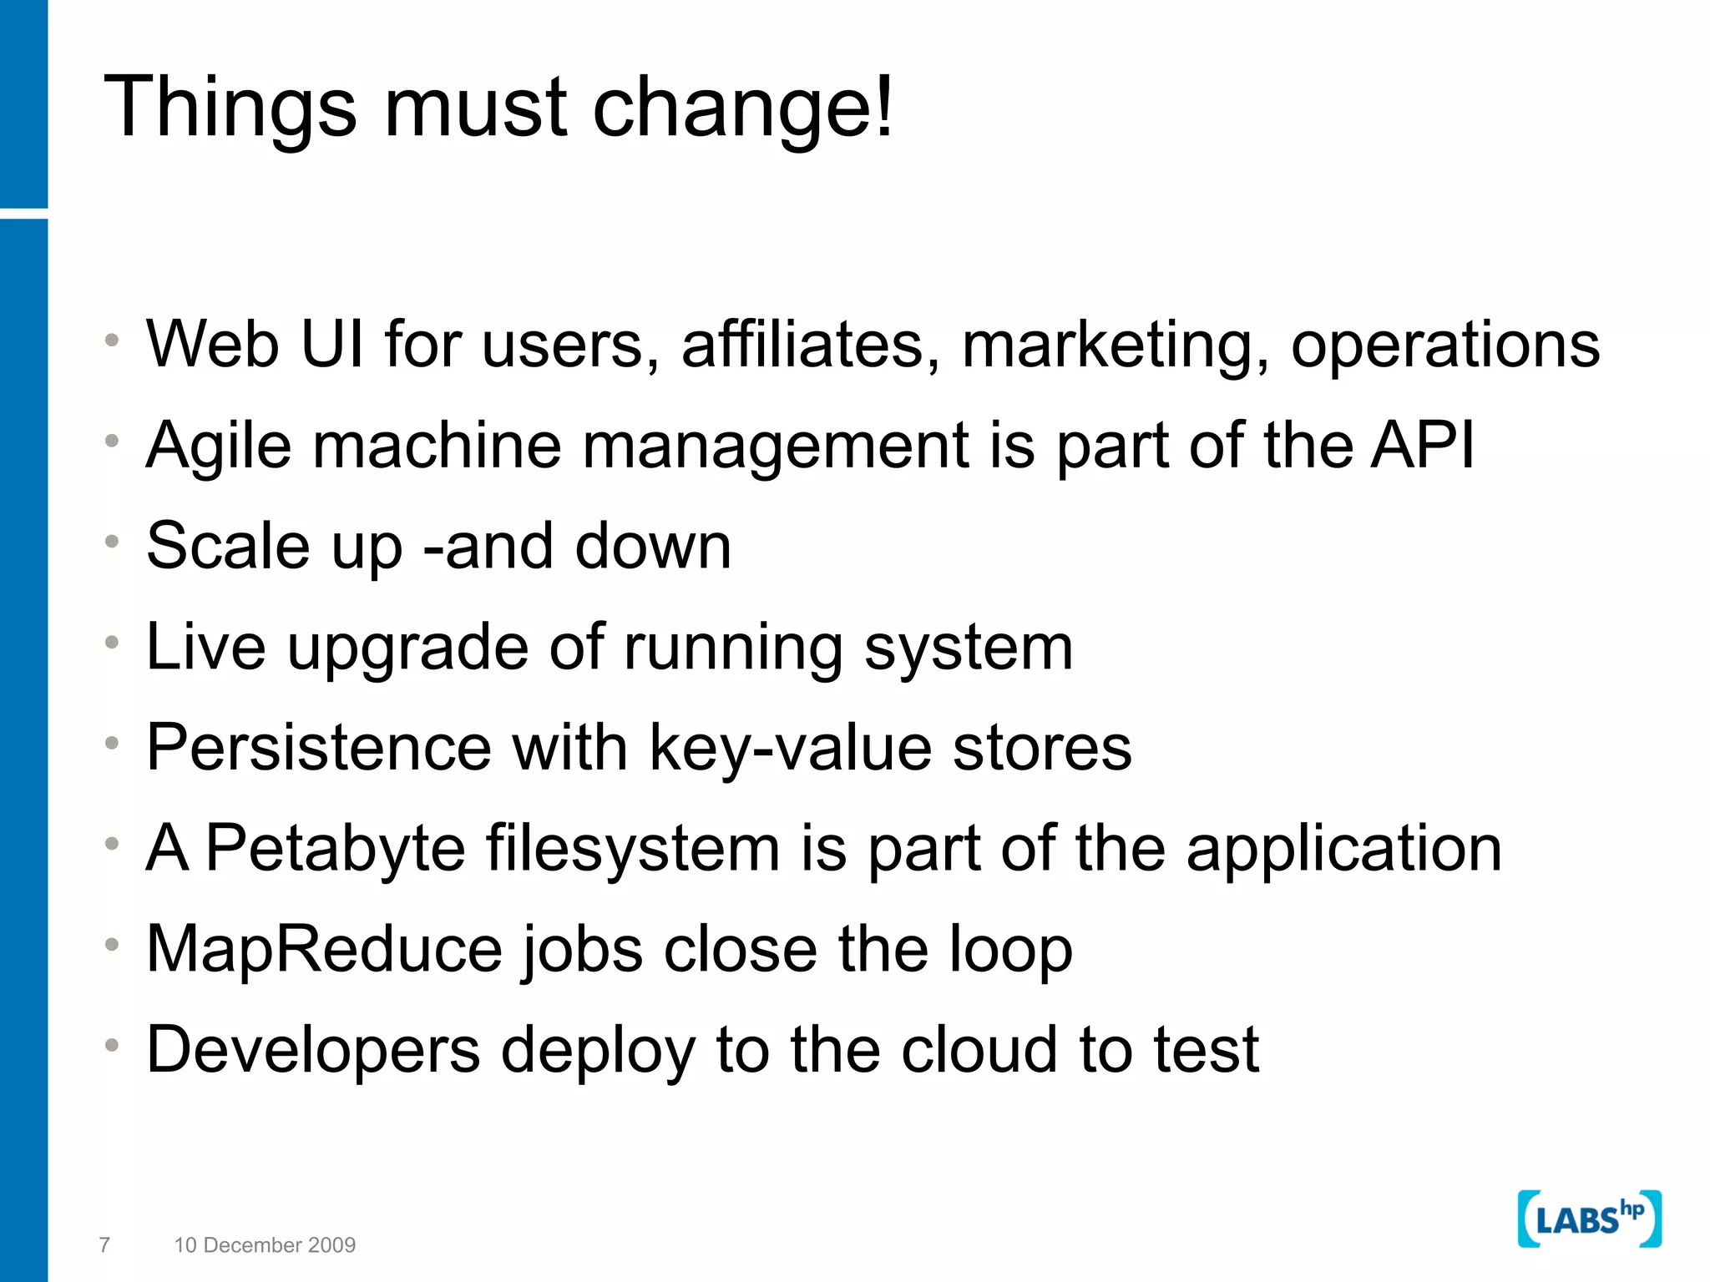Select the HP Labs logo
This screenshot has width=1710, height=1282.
(1589, 1219)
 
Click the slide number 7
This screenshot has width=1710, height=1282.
(104, 1244)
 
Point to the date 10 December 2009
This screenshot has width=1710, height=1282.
(265, 1244)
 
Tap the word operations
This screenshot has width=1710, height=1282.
(1445, 346)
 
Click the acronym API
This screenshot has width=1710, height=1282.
(1423, 445)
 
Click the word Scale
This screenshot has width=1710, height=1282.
(228, 546)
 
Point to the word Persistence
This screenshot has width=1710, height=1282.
(319, 747)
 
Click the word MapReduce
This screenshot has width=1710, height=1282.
(323, 949)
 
